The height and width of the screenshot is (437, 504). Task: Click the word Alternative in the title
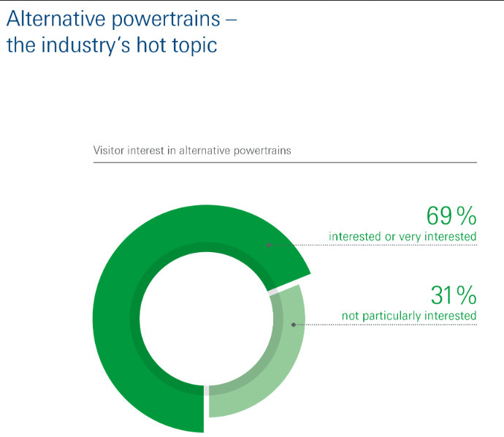click(56, 18)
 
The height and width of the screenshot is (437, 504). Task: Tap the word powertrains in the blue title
click(166, 20)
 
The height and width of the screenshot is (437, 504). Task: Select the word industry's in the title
click(86, 45)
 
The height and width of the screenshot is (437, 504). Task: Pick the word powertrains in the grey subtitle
click(262, 151)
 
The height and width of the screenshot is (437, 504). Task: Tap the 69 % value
click(451, 216)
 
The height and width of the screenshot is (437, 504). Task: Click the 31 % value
click(454, 295)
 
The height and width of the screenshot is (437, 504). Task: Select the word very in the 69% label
click(410, 237)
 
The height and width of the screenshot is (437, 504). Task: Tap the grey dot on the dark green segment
click(269, 245)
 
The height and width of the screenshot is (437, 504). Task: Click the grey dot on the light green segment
click(294, 324)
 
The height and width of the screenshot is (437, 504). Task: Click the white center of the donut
click(207, 319)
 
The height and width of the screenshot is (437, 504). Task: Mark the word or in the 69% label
click(390, 237)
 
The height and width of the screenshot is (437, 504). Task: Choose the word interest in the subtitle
click(145, 150)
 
